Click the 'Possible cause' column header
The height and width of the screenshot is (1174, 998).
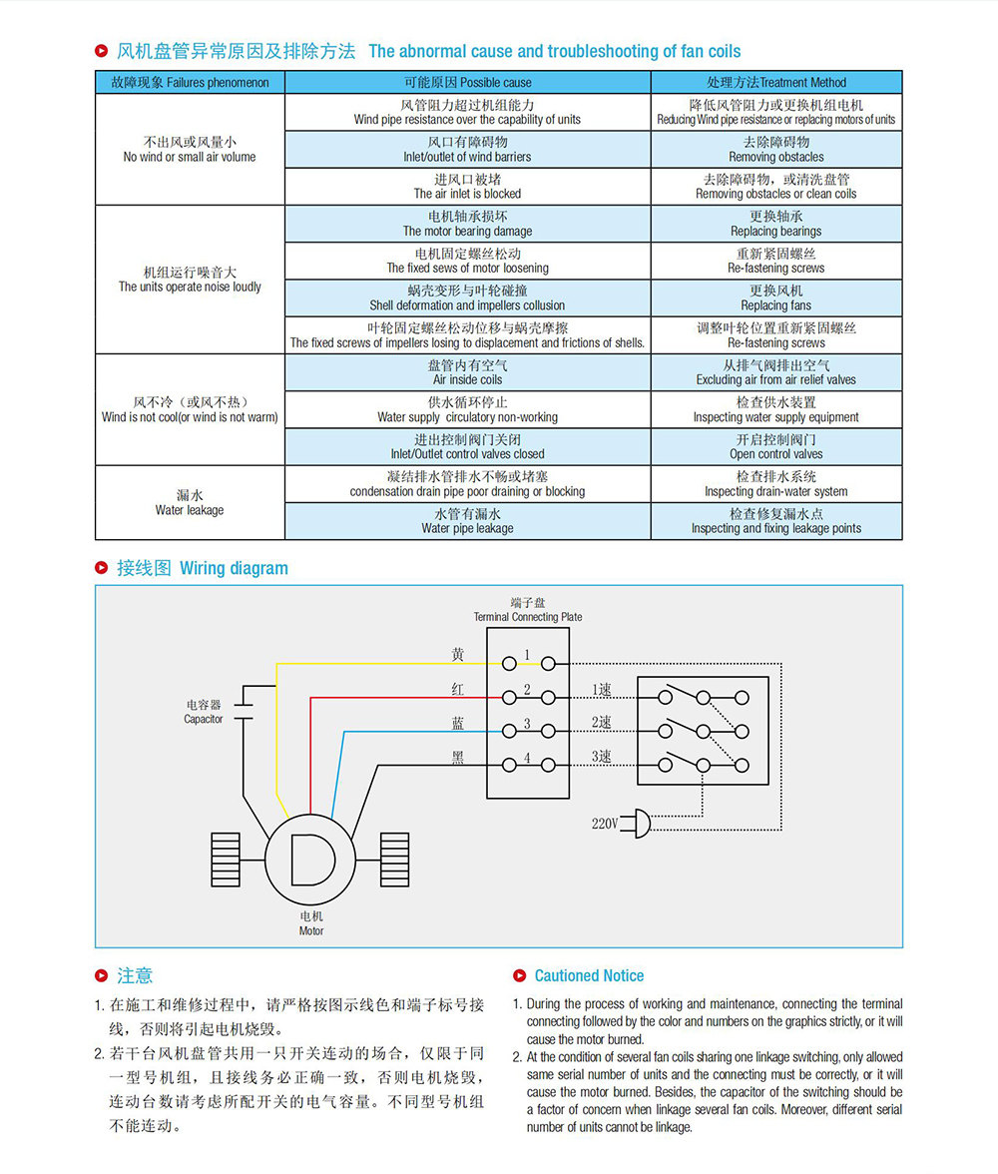click(468, 82)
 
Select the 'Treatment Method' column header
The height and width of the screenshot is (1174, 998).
click(776, 82)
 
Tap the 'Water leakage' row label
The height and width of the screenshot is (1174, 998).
click(190, 503)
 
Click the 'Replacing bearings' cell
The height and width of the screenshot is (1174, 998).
click(776, 224)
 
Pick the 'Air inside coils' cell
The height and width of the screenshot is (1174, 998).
click(468, 372)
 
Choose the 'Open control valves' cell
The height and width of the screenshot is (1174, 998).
click(776, 447)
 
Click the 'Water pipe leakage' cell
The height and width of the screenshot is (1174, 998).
click(468, 521)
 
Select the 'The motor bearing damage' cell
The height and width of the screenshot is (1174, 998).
click(468, 224)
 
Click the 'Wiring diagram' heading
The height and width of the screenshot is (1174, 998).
click(203, 568)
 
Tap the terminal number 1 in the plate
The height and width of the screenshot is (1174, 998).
click(527, 655)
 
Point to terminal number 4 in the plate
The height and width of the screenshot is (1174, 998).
click(527, 758)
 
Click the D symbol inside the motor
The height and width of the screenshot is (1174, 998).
click(312, 860)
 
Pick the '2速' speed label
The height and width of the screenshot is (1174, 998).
click(601, 723)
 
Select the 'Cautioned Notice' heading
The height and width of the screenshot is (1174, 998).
click(589, 975)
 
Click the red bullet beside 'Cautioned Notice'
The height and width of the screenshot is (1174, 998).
click(520, 975)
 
